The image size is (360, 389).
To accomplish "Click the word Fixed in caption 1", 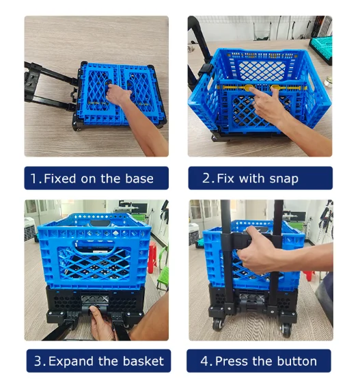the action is (x=59, y=178).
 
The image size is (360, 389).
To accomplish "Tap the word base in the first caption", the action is (x=139, y=178).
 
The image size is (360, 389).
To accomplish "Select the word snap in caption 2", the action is (x=283, y=179).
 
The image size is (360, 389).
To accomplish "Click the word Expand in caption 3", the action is (x=71, y=361).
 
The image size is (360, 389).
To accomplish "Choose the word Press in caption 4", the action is (x=231, y=361).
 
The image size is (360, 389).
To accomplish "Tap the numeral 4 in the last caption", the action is (x=204, y=361).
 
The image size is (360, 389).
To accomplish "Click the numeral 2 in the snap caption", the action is (x=206, y=178).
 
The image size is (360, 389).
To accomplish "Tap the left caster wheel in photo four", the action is (x=218, y=324).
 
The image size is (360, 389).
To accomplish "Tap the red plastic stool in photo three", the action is (x=152, y=257).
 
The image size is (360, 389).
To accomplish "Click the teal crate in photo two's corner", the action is (x=321, y=49).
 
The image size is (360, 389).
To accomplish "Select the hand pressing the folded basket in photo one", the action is (x=119, y=94).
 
